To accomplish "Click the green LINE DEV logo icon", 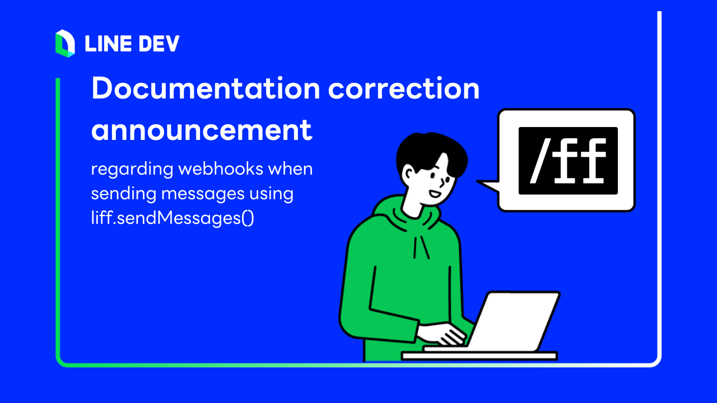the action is (x=65, y=44).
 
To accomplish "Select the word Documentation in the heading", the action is (x=206, y=88).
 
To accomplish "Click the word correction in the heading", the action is (x=404, y=88).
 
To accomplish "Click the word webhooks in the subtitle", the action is (x=221, y=168).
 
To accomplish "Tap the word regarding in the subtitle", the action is (x=132, y=170).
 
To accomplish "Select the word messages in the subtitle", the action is (x=203, y=194).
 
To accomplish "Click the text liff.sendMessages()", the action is (x=173, y=218).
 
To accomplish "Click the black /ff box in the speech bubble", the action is (x=568, y=161).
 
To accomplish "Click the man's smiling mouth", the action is (x=435, y=194).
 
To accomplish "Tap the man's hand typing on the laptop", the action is (x=443, y=334).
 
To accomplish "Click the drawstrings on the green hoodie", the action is (x=421, y=247).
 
